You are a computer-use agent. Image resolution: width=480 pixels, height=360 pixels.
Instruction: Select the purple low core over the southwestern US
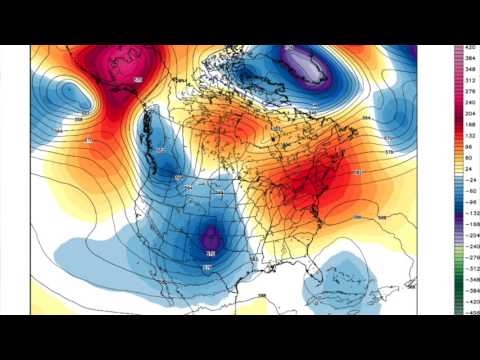pos(211,239)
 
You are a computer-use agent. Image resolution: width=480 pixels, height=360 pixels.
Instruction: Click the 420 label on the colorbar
pos(466,48)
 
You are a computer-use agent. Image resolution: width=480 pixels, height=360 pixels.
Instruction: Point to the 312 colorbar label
pos(466,83)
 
